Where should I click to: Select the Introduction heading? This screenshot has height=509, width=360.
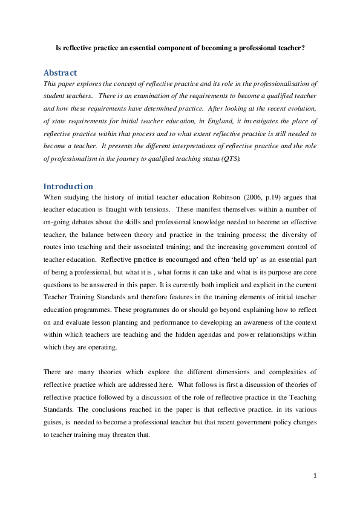[68, 186]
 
